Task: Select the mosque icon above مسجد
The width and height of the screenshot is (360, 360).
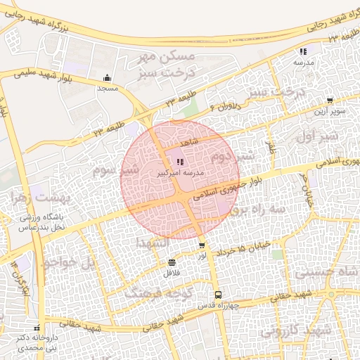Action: click(x=107, y=78)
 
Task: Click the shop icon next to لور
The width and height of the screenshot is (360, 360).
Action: click(x=202, y=245)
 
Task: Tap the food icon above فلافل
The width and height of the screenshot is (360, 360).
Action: click(x=172, y=262)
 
